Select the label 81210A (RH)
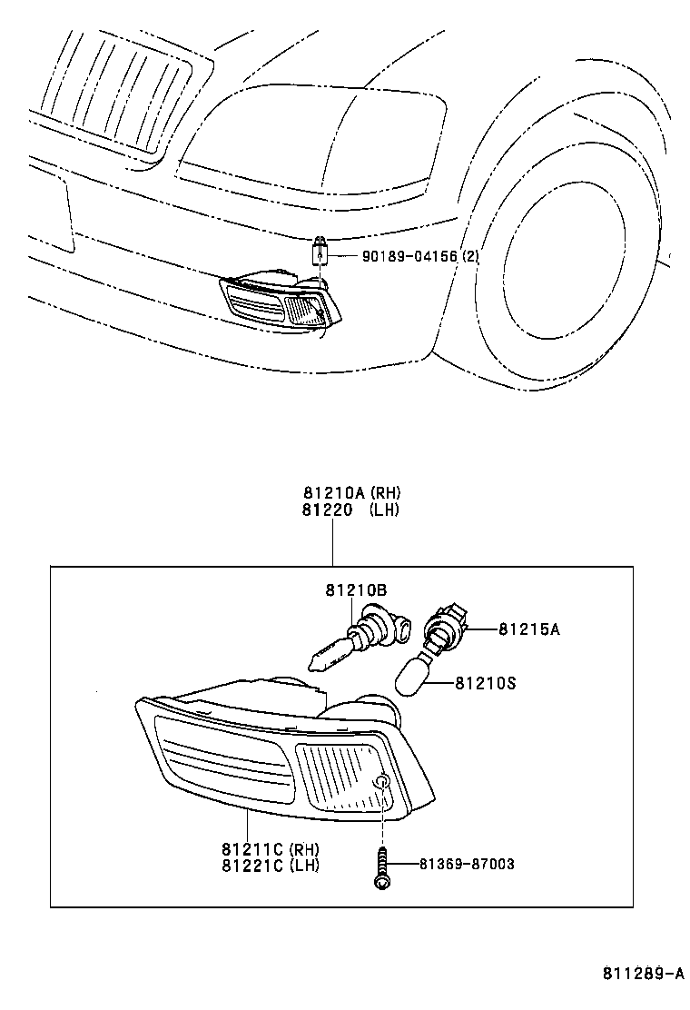tap(351, 493)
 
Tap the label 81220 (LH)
tap(351, 510)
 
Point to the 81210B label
tap(357, 589)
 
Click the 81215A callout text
tap(529, 628)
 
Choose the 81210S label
tap(485, 681)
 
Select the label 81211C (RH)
tap(270, 848)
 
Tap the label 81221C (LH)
tap(270, 865)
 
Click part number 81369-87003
tap(466, 864)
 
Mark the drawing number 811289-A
tap(642, 973)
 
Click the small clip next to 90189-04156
tap(320, 251)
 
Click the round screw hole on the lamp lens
tap(384, 783)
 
